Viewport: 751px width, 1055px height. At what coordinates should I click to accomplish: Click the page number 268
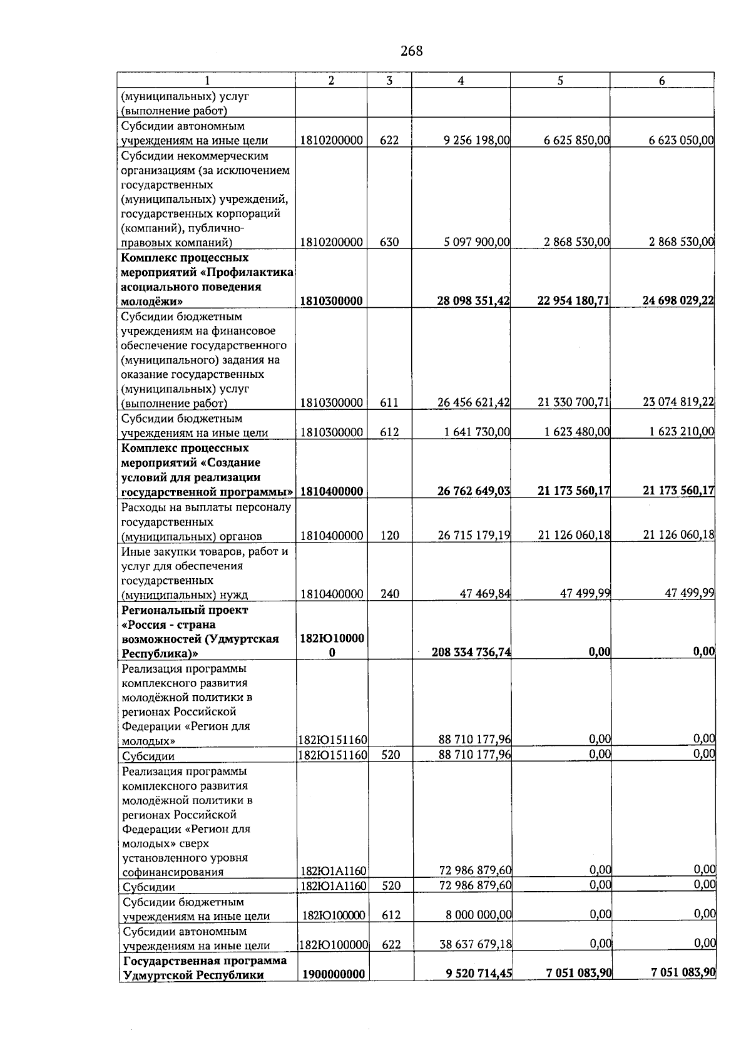[411, 51]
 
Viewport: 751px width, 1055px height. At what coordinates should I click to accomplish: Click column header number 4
[461, 80]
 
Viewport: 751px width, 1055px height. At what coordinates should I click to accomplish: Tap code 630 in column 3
[389, 242]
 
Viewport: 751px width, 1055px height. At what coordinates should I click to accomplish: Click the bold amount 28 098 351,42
[473, 301]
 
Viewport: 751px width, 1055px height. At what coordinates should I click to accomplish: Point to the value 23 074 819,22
[678, 402]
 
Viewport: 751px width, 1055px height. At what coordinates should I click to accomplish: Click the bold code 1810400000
[332, 492]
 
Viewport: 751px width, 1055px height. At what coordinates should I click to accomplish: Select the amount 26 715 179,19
[474, 536]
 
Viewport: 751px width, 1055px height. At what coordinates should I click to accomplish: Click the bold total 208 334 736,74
[471, 653]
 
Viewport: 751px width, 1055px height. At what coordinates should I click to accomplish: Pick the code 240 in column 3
[390, 594]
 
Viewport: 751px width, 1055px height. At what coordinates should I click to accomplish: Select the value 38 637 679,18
[475, 945]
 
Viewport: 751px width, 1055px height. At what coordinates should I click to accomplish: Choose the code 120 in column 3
[390, 536]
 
